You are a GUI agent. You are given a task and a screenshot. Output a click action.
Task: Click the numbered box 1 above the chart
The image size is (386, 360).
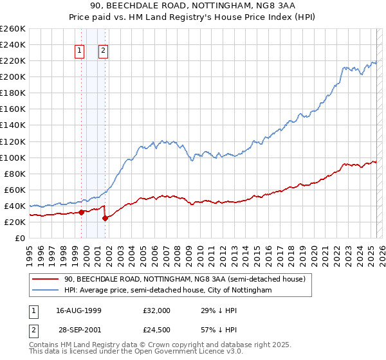point(80,51)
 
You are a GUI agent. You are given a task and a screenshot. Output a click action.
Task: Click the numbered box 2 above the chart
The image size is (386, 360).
point(104,51)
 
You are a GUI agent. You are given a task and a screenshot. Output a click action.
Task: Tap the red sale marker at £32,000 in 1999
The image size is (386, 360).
point(81,212)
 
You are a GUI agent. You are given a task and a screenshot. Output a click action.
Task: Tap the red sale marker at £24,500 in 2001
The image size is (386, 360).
point(105,218)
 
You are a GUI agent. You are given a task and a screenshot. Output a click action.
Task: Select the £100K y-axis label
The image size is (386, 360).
point(12,157)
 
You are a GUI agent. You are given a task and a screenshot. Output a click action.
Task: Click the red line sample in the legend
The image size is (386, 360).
point(46,279)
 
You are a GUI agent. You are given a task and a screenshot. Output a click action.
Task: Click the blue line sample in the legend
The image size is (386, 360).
point(46,290)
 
